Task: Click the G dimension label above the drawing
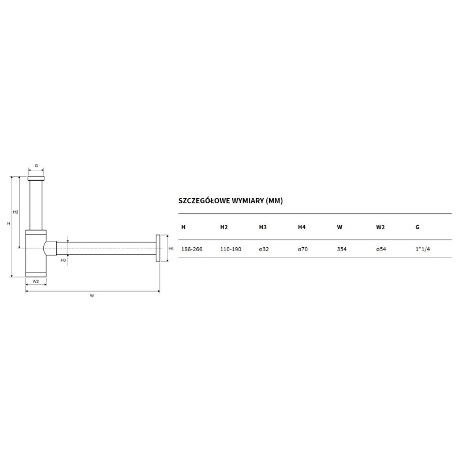(x=36, y=166)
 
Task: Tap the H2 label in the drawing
(x=16, y=212)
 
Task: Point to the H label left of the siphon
(x=9, y=223)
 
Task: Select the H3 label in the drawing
(x=63, y=260)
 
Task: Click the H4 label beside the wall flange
(x=171, y=248)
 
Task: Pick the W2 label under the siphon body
(x=36, y=281)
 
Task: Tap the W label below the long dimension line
(x=92, y=296)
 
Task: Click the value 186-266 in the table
(x=192, y=249)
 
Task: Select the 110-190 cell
(x=230, y=249)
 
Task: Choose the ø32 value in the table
(x=264, y=249)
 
